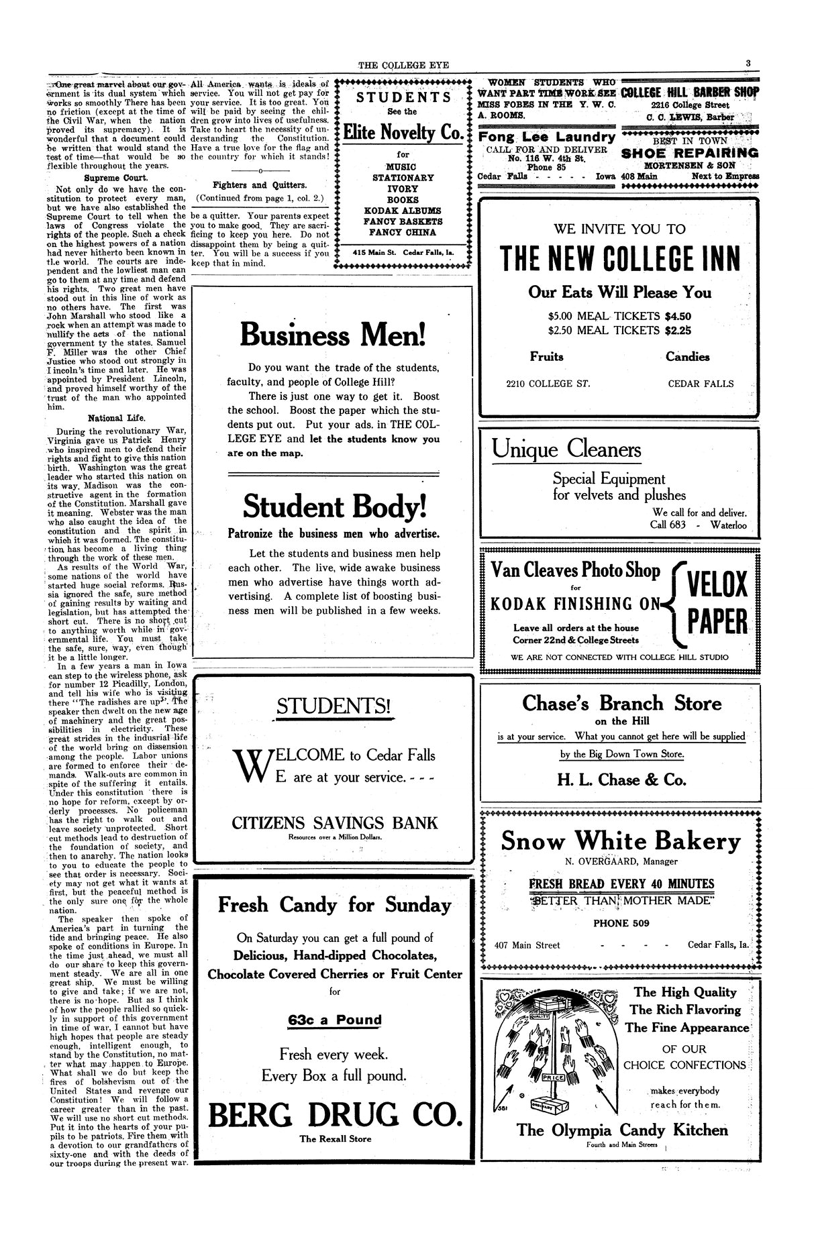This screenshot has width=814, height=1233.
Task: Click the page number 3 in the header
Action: coord(747,64)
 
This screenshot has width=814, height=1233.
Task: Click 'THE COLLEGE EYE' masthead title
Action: coord(403,65)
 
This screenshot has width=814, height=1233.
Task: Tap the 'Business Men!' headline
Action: coord(332,334)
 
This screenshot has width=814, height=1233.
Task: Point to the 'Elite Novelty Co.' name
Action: coord(403,132)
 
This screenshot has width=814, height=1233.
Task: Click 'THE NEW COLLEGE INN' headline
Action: coord(620,258)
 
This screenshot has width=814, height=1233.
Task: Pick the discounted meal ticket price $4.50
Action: coord(678,316)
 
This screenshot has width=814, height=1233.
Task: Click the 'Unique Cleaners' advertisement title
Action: coord(566,449)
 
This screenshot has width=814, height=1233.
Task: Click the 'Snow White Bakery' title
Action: coord(621,841)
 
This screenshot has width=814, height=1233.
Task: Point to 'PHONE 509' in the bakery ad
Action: coord(621,923)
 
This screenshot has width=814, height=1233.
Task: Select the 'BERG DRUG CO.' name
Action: coord(335,1115)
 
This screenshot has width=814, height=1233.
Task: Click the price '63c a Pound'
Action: coord(335,1020)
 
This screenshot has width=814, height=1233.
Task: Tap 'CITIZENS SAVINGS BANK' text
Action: coord(334,823)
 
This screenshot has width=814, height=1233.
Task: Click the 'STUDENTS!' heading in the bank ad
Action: coord(334,706)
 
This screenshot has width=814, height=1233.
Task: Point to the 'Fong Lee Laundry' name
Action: coord(546,137)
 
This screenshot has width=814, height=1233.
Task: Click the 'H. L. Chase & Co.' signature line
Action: coord(621,780)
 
